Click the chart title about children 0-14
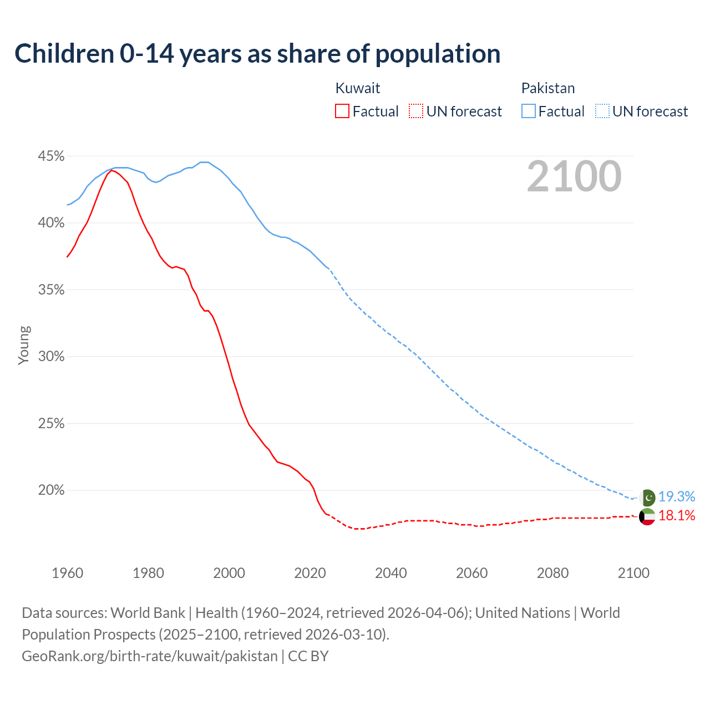(257, 54)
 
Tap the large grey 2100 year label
(574, 176)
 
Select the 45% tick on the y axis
(51, 156)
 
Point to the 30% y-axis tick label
(51, 357)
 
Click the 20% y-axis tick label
(51, 490)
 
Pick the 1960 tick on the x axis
(67, 573)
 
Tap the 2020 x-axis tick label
(310, 573)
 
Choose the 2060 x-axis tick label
(471, 573)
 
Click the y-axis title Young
(24, 345)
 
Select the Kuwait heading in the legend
(358, 88)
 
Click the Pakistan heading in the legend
(547, 88)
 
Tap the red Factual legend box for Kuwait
(342, 111)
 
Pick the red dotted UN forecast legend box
(416, 111)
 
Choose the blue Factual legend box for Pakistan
(529, 111)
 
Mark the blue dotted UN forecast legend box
(602, 111)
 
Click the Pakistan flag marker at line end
(647, 498)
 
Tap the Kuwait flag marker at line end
(647, 516)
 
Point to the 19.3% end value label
(677, 496)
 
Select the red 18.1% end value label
(677, 516)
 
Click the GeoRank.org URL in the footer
(150, 656)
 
